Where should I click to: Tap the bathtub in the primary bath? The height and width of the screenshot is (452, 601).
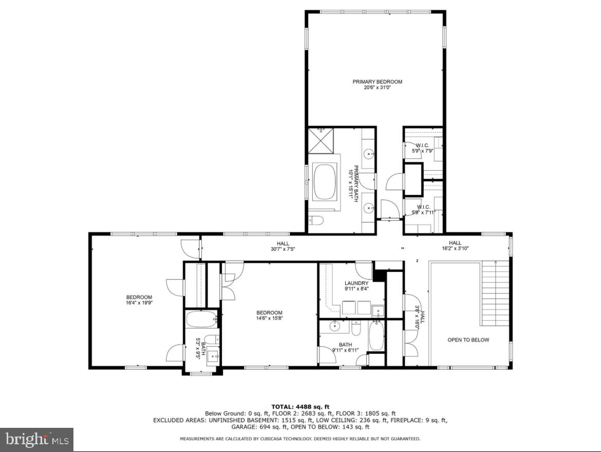coord(324,182)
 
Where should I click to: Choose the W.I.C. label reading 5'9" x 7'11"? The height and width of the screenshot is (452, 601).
coord(423,210)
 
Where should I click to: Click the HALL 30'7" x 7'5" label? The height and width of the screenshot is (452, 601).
coord(283,246)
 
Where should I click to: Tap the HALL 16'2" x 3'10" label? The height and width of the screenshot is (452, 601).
coord(455,246)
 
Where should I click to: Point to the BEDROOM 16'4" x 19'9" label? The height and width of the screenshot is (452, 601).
coord(139,300)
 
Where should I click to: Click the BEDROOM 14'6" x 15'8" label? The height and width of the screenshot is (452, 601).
coord(270,315)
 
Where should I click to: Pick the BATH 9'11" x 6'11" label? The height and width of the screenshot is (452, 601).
coord(345,348)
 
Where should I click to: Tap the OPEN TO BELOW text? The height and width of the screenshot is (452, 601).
coord(468,340)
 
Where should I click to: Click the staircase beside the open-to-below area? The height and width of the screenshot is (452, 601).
coord(496,293)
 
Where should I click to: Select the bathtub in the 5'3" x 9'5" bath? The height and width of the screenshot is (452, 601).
coord(202,320)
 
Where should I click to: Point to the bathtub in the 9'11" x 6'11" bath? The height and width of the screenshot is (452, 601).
coord(376,336)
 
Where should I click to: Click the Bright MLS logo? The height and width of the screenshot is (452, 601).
coord(36,440)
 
